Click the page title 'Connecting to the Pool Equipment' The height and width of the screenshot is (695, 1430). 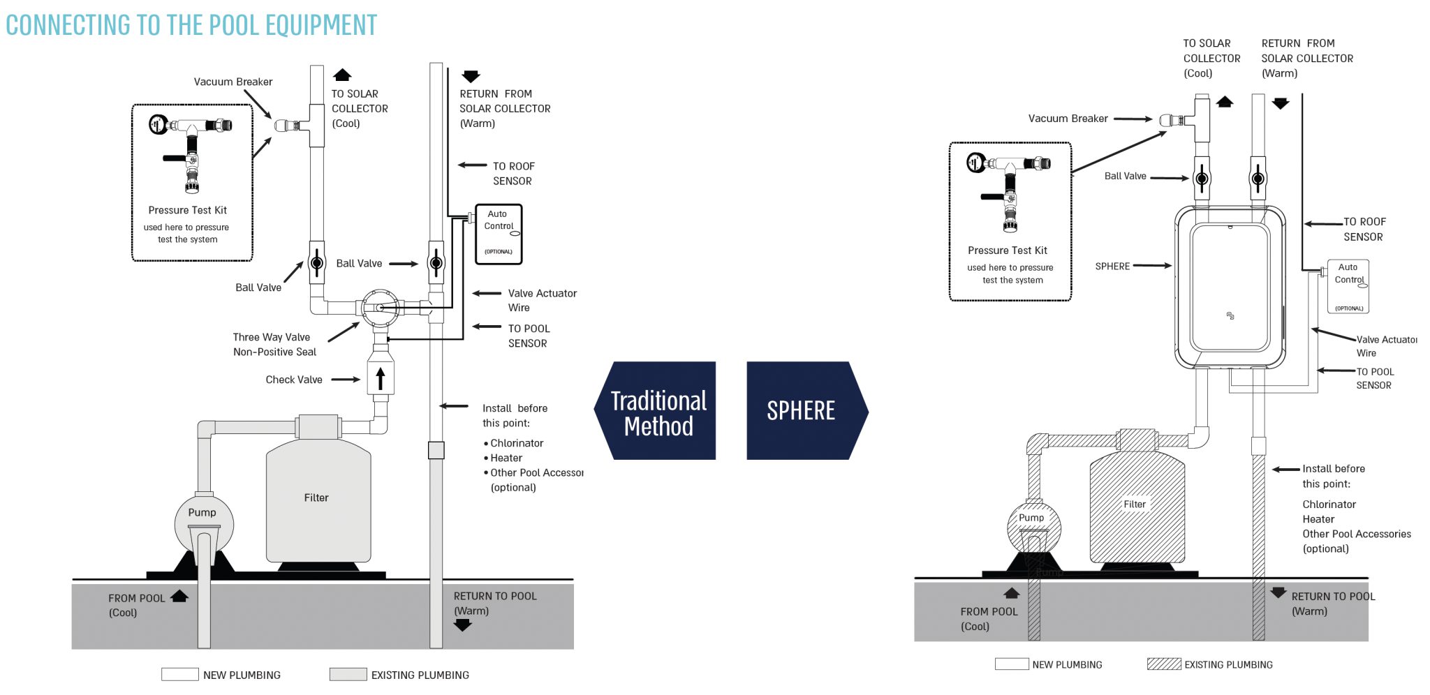191,25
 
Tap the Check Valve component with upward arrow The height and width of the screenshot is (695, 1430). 381,378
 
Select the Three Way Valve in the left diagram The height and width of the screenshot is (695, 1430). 380,307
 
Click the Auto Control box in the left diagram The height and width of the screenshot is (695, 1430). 499,234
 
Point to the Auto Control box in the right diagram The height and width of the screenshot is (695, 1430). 1348,286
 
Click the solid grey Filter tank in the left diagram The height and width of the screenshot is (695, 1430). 318,501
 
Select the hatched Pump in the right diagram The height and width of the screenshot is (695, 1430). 1034,527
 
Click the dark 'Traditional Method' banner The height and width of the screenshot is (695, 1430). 658,411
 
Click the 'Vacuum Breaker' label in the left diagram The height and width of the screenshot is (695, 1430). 233,82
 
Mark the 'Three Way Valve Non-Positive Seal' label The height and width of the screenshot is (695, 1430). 274,345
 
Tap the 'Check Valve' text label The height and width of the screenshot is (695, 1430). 294,380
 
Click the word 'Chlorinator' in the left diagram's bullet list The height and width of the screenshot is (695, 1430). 517,443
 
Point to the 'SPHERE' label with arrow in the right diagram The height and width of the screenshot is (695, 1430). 1112,267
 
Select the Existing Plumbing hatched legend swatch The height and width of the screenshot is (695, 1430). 1164,664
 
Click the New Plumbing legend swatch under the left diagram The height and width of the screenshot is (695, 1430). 180,674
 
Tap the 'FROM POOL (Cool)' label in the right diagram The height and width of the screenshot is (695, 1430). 989,619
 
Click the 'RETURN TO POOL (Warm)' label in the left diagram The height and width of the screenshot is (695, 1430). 495,604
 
